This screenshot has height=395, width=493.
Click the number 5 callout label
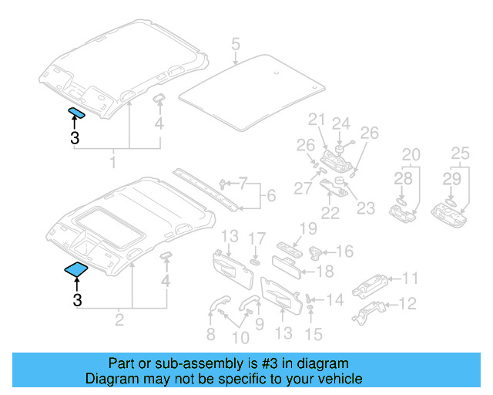[x=236, y=43]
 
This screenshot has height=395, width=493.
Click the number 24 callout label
[x=340, y=123]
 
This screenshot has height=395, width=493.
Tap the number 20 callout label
[x=411, y=154]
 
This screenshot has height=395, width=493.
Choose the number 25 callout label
[x=460, y=154]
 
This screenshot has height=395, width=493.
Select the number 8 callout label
[x=210, y=334]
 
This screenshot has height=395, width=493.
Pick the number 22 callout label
[x=330, y=212]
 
